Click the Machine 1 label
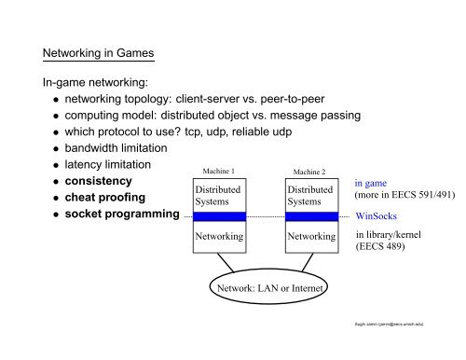click(217, 171)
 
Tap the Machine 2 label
click(310, 172)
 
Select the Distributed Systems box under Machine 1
click(217, 194)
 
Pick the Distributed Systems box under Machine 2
click(310, 194)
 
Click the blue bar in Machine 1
click(218, 216)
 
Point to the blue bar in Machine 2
click(311, 216)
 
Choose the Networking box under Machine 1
click(218, 237)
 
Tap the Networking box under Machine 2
click(311, 237)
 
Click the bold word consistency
click(92, 180)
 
